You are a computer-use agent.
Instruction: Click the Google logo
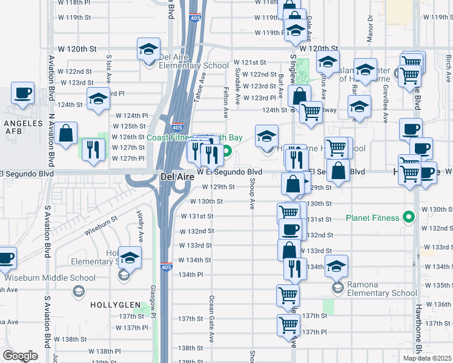(20, 355)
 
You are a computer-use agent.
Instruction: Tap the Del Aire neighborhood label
(176, 177)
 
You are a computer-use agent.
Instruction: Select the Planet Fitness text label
(373, 218)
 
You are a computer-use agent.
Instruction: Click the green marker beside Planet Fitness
(409, 217)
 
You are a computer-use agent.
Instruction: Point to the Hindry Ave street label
(139, 224)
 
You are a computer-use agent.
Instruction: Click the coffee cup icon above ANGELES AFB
(23, 94)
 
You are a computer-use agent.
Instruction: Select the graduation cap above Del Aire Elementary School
(148, 50)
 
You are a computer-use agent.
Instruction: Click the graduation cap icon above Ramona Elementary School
(337, 264)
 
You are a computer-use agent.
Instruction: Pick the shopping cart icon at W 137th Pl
(288, 324)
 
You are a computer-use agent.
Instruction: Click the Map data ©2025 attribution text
(426, 358)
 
